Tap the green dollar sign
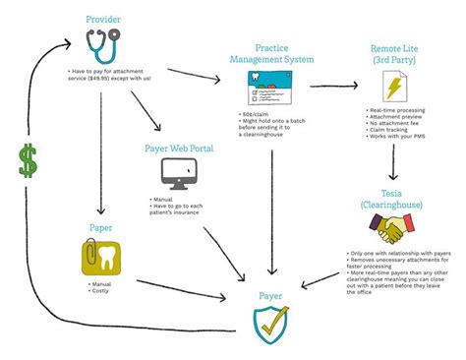coord(28,159)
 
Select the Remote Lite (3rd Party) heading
coord(397,53)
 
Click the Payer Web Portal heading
coord(179,148)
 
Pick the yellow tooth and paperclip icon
coord(100,257)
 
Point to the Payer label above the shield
coord(270,292)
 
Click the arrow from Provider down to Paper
coord(100,157)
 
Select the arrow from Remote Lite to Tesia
coord(393,162)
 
